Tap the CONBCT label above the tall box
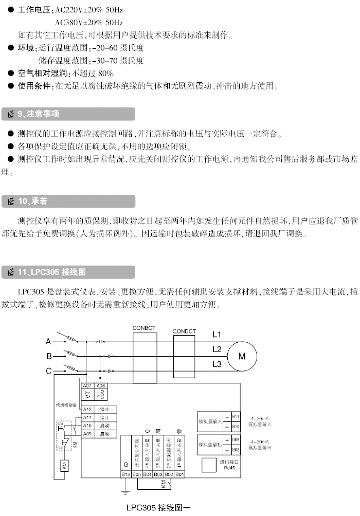143,327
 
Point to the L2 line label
217,349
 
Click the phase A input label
49,341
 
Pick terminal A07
87,385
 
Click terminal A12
87,410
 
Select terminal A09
87,434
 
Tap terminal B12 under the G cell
126,474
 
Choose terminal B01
180,474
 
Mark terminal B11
236,416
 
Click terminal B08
236,450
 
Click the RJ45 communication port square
208,465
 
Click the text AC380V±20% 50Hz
88,23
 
